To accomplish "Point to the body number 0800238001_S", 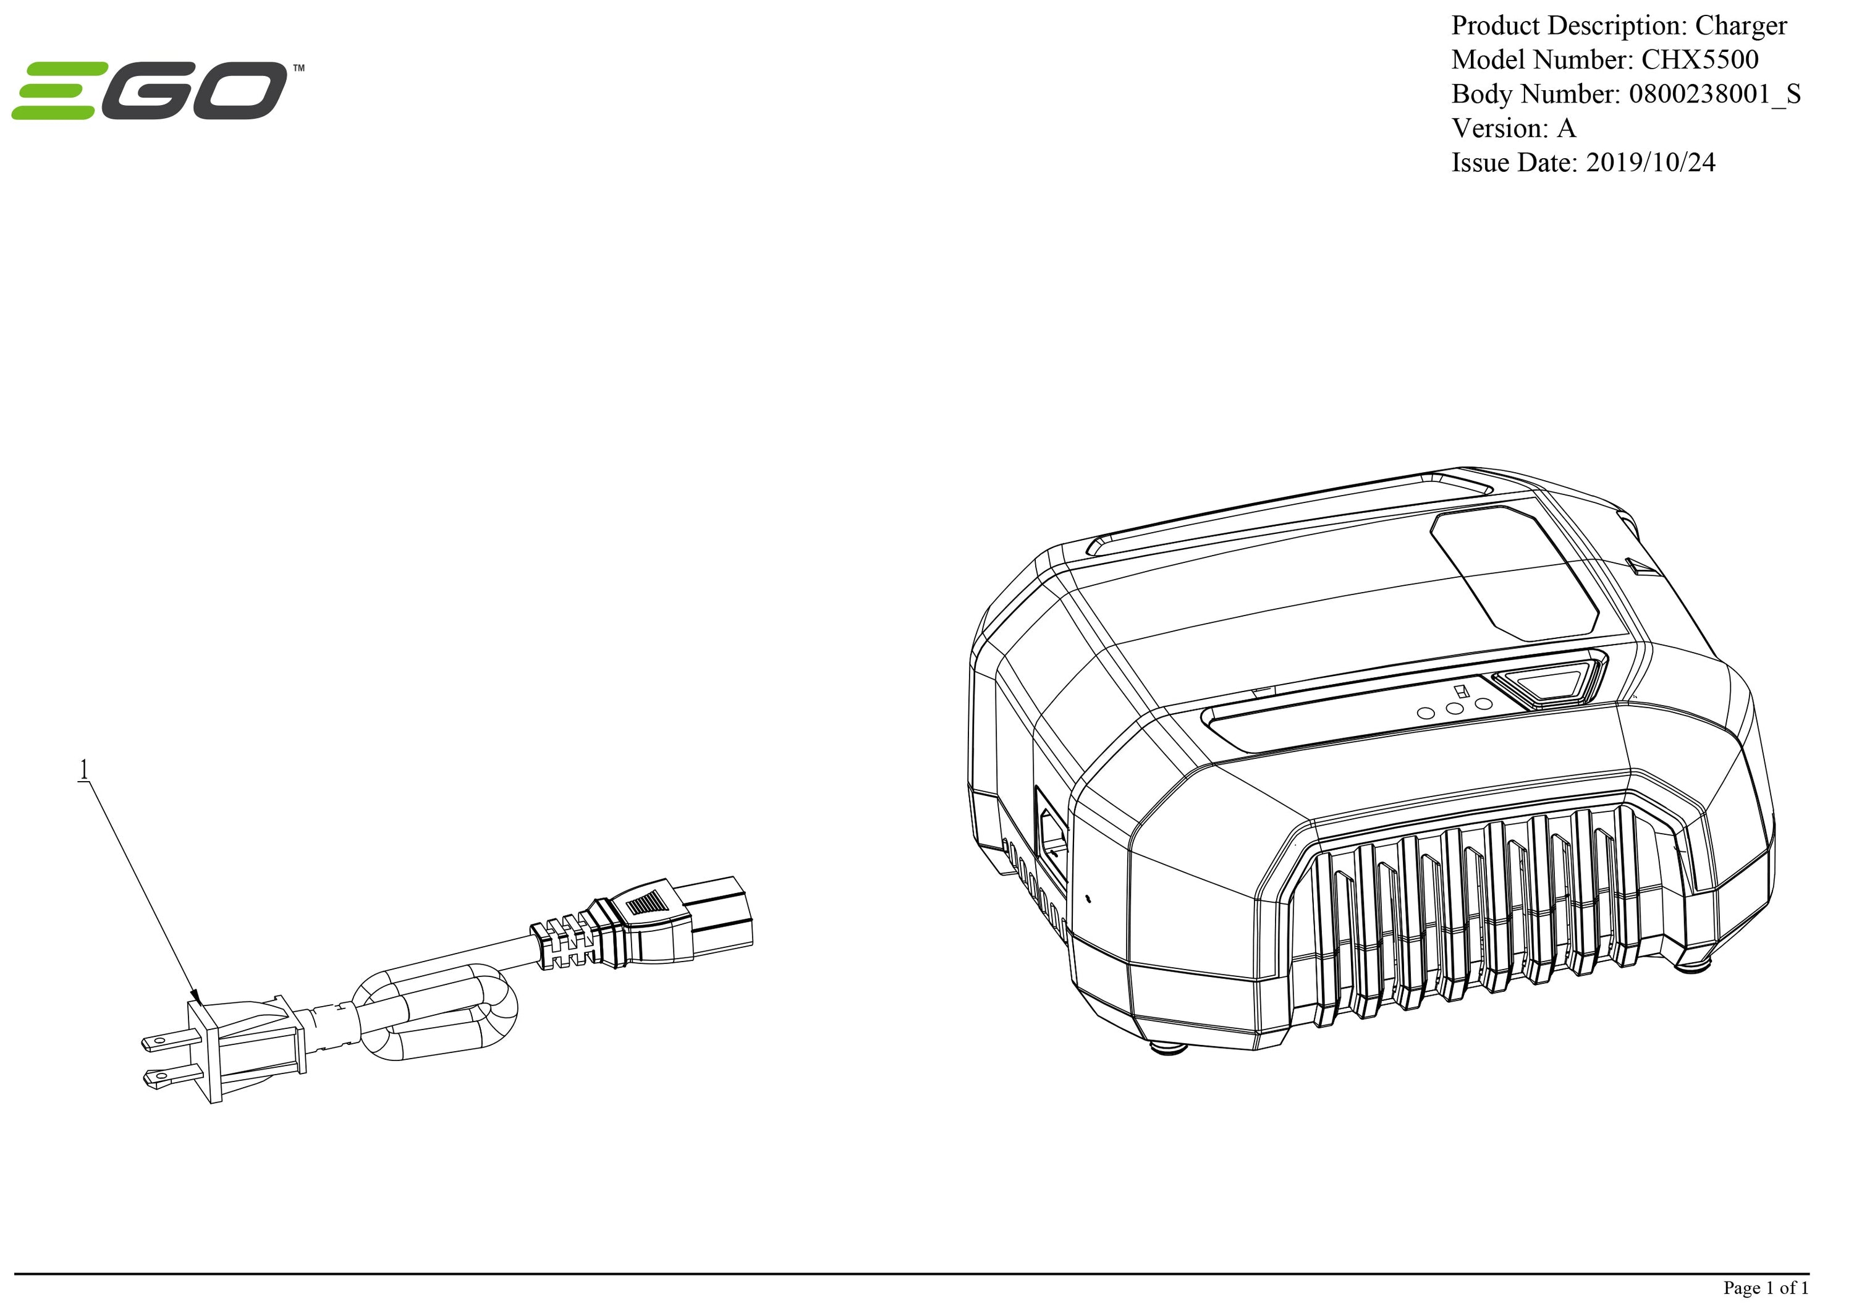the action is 1714,95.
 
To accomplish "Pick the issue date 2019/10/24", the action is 1651,163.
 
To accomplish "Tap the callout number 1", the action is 83,769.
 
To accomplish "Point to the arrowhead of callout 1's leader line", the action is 195,996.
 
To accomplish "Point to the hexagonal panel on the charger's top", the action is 1514,574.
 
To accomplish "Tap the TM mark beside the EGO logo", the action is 298,69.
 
